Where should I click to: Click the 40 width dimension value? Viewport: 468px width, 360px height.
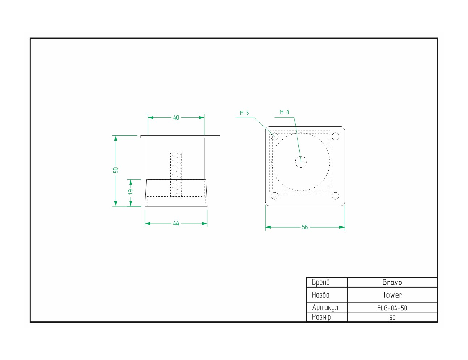[x=176, y=118]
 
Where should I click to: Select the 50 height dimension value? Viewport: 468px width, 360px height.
[x=116, y=170]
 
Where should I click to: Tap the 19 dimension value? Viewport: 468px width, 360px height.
[x=131, y=192]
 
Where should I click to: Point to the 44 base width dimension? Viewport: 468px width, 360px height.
[x=176, y=224]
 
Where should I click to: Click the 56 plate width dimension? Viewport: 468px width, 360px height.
[x=305, y=227]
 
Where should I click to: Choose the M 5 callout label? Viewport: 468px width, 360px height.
[x=244, y=113]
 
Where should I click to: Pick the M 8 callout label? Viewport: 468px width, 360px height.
[x=284, y=112]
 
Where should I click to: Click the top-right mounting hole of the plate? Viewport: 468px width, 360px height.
[x=335, y=136]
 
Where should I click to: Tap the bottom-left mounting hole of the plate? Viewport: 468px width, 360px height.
[x=275, y=196]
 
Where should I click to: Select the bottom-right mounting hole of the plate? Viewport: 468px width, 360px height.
[x=335, y=196]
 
